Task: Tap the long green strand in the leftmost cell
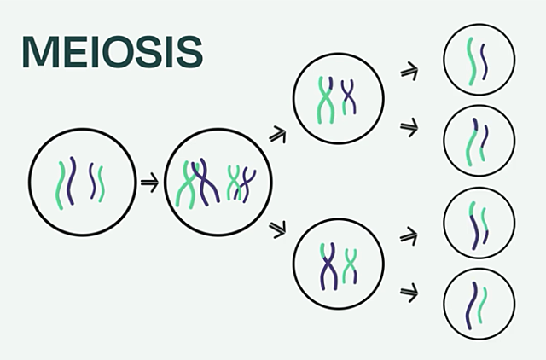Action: point(61,181)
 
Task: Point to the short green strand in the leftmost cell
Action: point(102,183)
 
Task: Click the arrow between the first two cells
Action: point(148,182)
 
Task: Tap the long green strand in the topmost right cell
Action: point(469,61)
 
